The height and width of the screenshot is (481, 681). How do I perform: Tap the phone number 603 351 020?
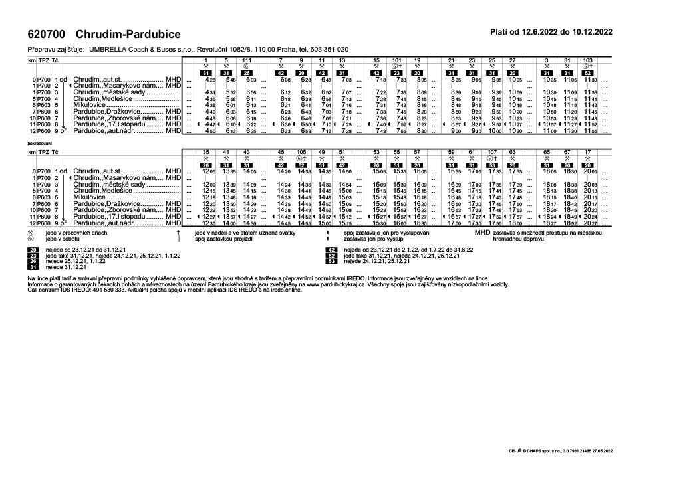point(327,50)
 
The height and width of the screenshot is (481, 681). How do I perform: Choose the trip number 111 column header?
point(246,60)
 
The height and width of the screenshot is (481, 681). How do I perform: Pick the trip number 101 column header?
point(397,60)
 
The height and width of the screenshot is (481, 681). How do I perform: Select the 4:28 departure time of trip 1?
point(211,80)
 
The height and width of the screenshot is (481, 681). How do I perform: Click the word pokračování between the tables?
point(39,142)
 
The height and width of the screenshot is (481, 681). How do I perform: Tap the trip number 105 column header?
point(301,152)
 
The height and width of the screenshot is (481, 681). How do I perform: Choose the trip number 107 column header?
point(491,152)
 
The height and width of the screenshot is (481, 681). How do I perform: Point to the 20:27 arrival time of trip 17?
point(591,223)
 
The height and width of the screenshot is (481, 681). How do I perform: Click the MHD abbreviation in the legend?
point(481,233)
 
